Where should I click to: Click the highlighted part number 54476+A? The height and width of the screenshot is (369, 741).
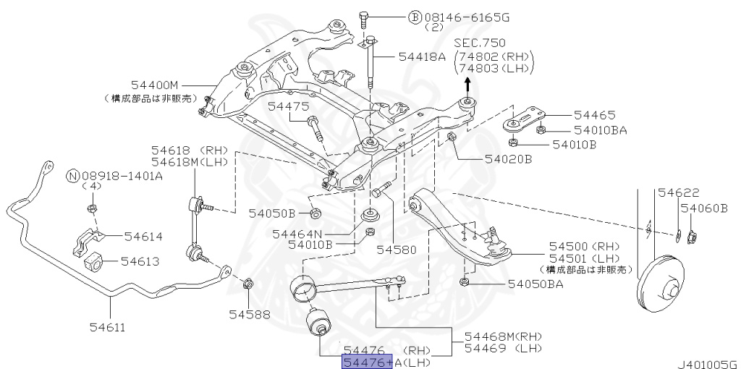pyautogui.click(x=368, y=362)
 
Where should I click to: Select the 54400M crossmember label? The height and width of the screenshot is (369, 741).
pyautogui.click(x=154, y=85)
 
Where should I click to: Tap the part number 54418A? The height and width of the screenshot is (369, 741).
pyautogui.click(x=422, y=56)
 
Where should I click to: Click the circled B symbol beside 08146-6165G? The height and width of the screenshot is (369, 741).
pyautogui.click(x=415, y=15)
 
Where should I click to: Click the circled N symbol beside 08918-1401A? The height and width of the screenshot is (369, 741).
pyautogui.click(x=72, y=175)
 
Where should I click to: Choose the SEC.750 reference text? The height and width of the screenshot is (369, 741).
pyautogui.click(x=480, y=43)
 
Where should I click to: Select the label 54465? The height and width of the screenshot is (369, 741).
pyautogui.click(x=594, y=114)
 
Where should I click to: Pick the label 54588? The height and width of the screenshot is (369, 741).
pyautogui.click(x=250, y=314)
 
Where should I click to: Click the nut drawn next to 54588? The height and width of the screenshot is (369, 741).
pyautogui.click(x=246, y=283)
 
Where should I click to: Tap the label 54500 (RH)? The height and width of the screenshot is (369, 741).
pyautogui.click(x=571, y=247)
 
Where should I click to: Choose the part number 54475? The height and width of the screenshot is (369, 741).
pyautogui.click(x=288, y=106)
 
